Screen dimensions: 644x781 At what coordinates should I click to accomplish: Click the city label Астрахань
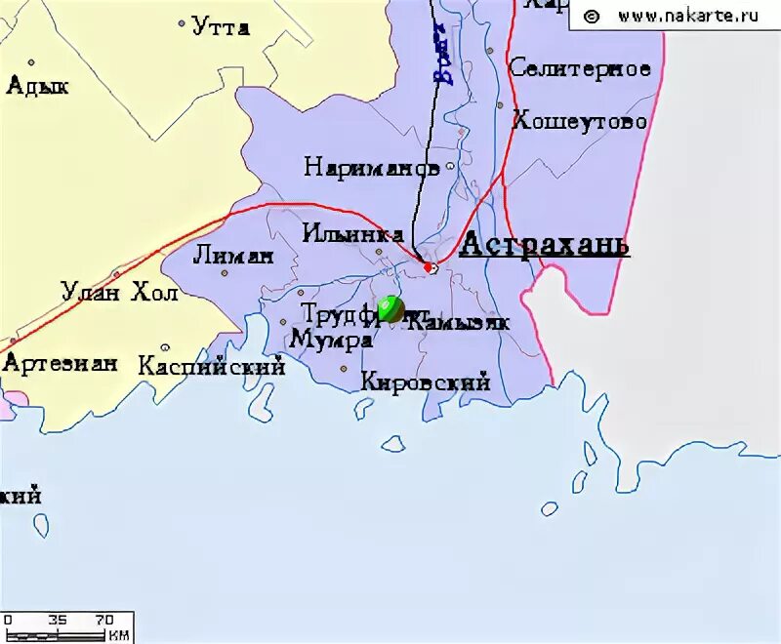tap(544, 244)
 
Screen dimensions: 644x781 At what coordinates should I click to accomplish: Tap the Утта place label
tap(220, 26)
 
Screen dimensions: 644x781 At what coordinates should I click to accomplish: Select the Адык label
tap(37, 86)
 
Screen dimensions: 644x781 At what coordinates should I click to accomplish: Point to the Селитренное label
tap(579, 68)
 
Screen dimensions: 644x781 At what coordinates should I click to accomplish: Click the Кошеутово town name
tap(579, 121)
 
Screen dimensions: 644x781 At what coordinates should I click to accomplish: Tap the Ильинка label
tap(352, 234)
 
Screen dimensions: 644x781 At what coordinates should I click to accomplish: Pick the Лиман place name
tap(233, 256)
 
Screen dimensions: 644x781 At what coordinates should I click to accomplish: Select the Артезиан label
tap(61, 363)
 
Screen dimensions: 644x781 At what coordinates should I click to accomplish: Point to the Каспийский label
tap(211, 366)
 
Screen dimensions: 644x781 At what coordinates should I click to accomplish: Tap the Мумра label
tap(331, 340)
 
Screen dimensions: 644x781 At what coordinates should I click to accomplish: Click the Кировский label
tap(425, 382)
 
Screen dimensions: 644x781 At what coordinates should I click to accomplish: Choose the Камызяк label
tap(457, 322)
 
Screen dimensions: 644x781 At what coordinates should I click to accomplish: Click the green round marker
tap(390, 309)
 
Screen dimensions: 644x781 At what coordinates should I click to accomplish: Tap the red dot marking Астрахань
tap(428, 266)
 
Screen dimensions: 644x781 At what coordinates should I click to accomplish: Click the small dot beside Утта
tap(182, 23)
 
